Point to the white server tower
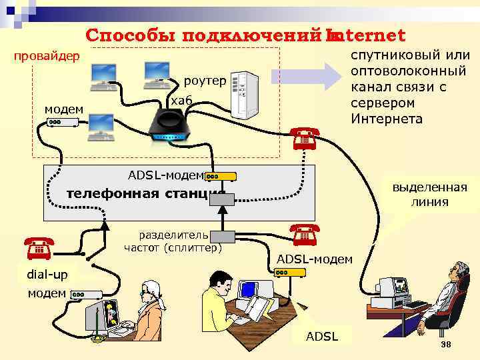coord(244,94)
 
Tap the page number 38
coord(446,344)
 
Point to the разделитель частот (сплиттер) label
coord(173,241)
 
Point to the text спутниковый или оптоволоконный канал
coord(410,87)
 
